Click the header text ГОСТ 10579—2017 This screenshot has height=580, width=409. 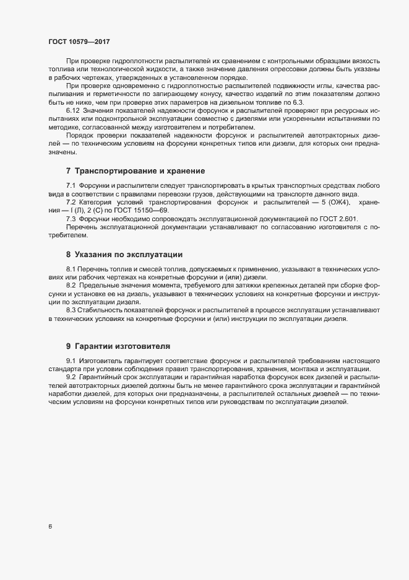coord(80,42)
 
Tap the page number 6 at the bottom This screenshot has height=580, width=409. coord(50,527)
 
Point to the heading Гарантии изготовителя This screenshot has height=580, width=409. coord(122,345)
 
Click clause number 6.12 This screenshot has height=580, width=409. coord(73,109)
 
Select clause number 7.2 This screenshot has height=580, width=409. coord(71,202)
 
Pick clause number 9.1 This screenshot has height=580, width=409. coord(71,361)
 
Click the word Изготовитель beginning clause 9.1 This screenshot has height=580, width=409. coord(102,361)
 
